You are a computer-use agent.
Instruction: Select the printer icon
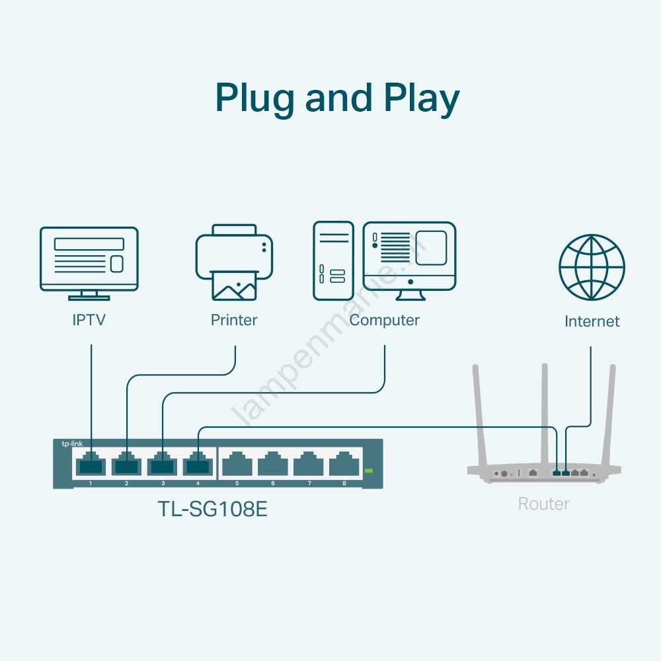tap(234, 261)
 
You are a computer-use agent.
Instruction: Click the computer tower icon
tap(333, 261)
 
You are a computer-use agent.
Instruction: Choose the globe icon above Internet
tap(592, 267)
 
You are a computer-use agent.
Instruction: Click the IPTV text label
tap(89, 321)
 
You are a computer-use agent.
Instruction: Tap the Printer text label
tap(234, 321)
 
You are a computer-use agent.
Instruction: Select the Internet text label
tap(592, 322)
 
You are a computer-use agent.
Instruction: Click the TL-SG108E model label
tap(212, 510)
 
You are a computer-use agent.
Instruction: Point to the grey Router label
tap(543, 504)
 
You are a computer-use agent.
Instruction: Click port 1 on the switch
tap(91, 465)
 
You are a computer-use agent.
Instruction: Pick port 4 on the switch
tap(198, 465)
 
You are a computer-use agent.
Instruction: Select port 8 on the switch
tap(344, 465)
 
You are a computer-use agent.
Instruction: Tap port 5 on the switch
tap(237, 465)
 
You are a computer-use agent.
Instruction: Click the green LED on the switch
tap(369, 471)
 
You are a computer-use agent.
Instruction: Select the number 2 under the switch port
tap(126, 484)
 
